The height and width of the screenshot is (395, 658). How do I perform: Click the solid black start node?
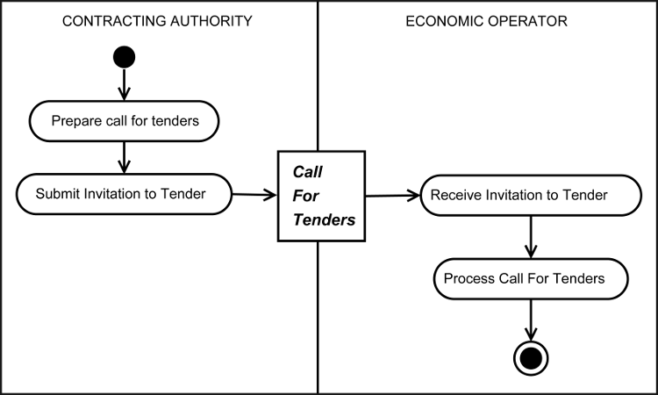point(124,58)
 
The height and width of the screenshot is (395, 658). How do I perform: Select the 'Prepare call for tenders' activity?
point(124,121)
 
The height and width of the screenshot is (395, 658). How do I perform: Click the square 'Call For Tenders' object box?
point(320,195)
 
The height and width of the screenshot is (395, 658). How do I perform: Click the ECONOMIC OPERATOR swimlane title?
point(486,21)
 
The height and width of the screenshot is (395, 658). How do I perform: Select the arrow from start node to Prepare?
point(124,85)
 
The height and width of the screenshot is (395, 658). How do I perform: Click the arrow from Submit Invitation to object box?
point(254,194)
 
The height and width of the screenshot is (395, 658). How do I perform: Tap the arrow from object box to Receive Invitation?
point(392,195)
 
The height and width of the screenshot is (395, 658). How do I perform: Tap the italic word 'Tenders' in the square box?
point(324,219)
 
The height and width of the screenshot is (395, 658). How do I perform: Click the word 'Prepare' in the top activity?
point(76,121)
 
